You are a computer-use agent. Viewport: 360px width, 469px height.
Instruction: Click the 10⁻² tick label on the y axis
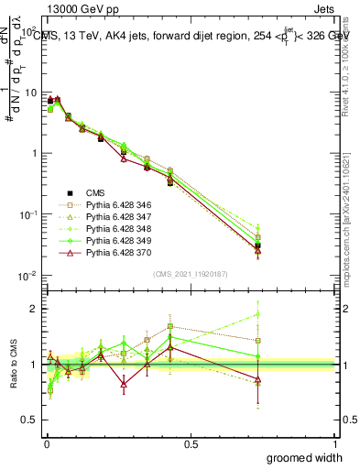pyautogui.click(x=27, y=276)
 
